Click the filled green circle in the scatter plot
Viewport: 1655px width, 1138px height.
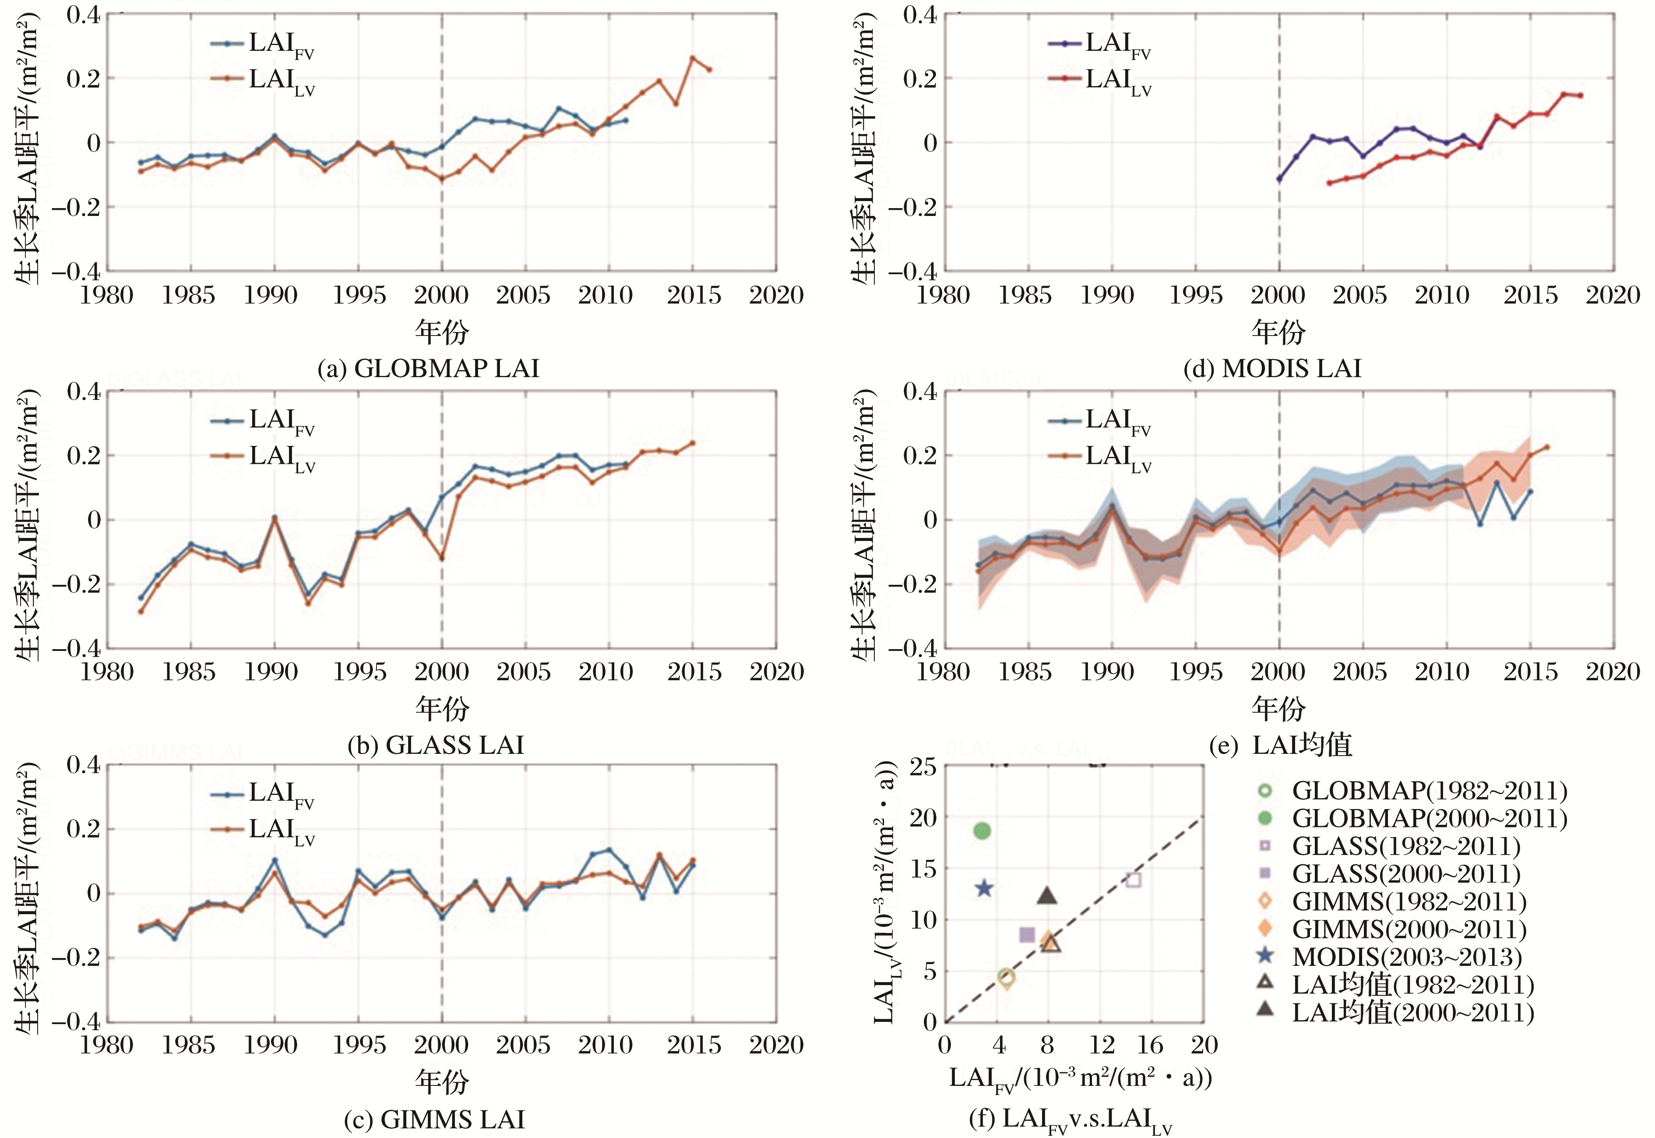point(982,830)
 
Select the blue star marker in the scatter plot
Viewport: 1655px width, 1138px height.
point(984,888)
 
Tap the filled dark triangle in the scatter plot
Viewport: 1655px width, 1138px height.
point(1046,896)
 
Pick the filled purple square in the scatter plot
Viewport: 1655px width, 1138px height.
point(1027,934)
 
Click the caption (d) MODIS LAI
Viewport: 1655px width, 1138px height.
point(1272,369)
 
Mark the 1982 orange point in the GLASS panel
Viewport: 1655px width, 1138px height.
point(141,611)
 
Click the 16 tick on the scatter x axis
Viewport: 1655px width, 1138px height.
point(1150,1045)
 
